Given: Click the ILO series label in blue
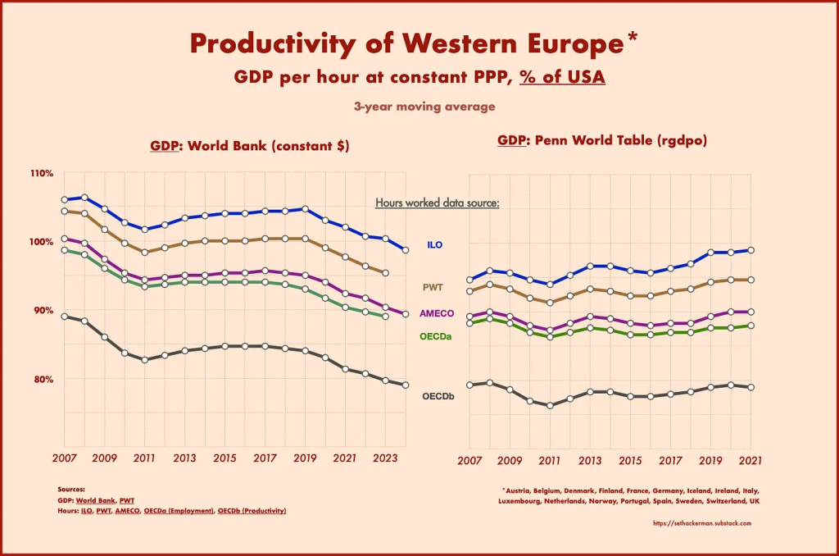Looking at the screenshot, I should click(435, 245).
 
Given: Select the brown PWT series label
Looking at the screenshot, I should click(433, 287).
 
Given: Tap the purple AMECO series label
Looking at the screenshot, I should click(437, 313).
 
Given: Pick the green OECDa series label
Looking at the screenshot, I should click(436, 336).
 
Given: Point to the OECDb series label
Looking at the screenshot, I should click(438, 397).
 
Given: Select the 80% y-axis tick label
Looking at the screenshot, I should click(43, 379).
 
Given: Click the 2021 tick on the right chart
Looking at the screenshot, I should click(751, 459).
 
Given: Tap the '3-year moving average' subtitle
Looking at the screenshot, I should click(424, 106).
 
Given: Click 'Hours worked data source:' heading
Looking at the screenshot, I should click(437, 203).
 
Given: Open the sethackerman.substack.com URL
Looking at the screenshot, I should click(702, 522).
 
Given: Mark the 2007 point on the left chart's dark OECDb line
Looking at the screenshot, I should click(65, 316).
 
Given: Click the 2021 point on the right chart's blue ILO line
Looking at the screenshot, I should click(751, 250).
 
